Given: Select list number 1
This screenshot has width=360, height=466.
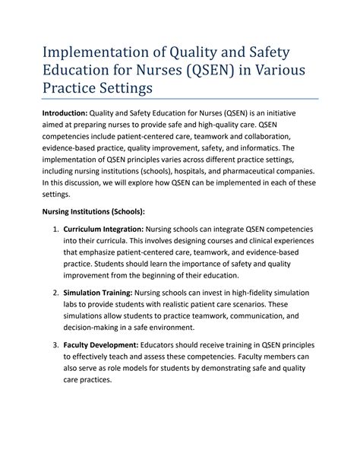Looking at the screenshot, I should point(55,229).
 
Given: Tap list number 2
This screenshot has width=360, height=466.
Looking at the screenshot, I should point(55,292).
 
